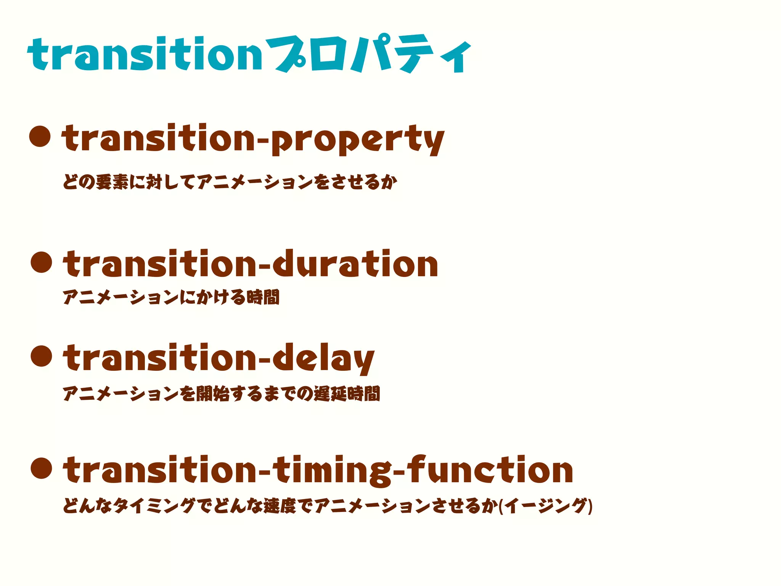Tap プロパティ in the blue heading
[368, 54]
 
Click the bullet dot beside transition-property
[40, 136]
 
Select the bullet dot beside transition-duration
[41, 262]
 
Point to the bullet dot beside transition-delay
[41, 356]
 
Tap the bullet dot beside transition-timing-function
[41, 468]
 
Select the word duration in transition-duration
[355, 264]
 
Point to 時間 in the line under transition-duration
[263, 297]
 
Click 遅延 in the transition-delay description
[330, 394]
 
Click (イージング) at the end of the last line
[545, 506]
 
